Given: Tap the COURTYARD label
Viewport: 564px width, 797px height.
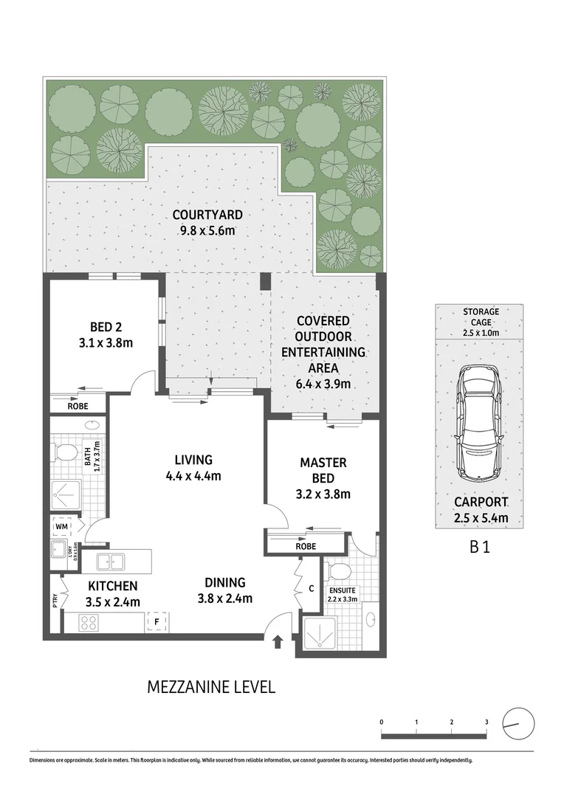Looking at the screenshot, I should pos(207,223).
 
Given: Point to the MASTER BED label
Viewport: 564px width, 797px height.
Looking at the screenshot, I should pos(323,469).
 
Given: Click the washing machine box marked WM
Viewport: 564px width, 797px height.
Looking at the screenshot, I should pos(61,527).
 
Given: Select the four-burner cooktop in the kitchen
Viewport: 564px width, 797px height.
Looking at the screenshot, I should pos(89,623).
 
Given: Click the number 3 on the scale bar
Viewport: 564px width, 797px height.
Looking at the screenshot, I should pos(486,721).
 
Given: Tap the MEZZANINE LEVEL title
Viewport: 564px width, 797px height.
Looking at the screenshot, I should pos(211,687).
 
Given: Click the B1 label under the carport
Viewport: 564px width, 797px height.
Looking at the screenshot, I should pos(480,548).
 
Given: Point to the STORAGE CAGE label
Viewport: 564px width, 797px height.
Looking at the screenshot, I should pos(481,317).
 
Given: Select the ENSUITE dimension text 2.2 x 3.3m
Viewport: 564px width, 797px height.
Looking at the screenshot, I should pos(343,599).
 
